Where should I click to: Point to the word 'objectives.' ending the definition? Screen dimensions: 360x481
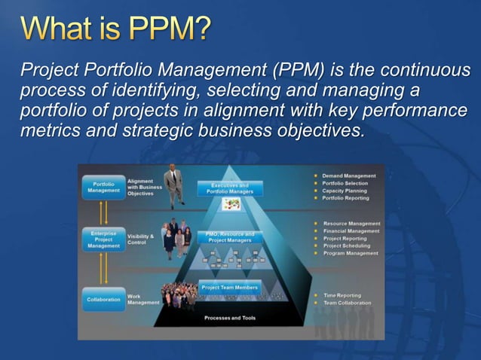(x=319, y=129)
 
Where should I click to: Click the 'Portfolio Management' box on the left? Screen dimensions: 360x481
(x=103, y=188)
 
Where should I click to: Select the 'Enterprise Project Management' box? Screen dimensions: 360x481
(x=103, y=239)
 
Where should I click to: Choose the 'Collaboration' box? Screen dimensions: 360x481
(x=103, y=299)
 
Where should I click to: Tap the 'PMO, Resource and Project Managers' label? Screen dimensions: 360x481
(x=229, y=237)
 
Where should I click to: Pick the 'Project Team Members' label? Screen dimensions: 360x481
(x=229, y=287)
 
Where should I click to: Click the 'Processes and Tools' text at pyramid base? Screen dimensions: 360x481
(x=229, y=318)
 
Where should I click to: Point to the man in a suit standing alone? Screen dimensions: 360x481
(x=174, y=185)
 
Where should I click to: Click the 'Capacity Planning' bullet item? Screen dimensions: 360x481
(x=345, y=191)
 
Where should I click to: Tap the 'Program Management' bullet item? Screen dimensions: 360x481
(x=350, y=253)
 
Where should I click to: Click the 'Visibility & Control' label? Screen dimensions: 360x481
(x=139, y=239)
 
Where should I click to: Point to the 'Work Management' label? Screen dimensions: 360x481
(x=142, y=299)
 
